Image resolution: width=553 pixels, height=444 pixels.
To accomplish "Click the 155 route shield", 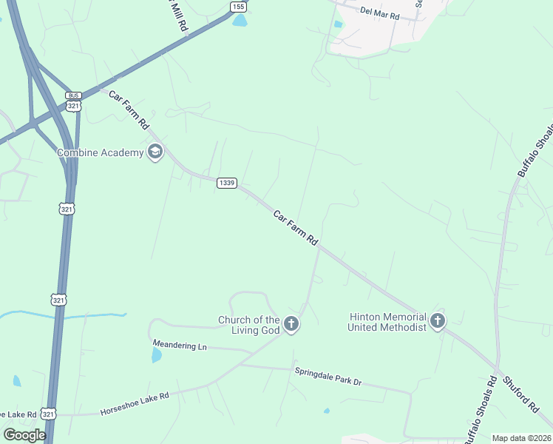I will coord(237,7).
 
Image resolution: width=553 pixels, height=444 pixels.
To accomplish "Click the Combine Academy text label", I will coord(100,152).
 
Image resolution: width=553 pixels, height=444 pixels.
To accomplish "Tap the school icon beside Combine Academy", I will coord(155,152).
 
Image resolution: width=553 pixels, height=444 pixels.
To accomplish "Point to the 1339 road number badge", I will coord(226,183).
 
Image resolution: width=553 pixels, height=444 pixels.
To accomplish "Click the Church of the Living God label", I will coord(248,325).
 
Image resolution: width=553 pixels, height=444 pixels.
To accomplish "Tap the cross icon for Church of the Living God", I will coord(291,324).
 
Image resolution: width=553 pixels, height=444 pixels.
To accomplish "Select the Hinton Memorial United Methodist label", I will coord(387,321).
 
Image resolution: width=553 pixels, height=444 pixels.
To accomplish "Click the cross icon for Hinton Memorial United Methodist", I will coord(438,321).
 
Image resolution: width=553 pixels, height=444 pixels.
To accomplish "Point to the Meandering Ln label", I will coord(180,346).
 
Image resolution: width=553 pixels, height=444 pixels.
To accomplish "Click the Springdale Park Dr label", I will coord(328,376).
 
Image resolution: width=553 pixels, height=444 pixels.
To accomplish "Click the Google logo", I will coord(24,434).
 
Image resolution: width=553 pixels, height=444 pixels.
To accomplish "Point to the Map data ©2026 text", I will coord(520,438).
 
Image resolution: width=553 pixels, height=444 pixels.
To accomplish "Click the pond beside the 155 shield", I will coord(240,21).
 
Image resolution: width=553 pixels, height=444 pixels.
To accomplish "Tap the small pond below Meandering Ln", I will coord(156,356).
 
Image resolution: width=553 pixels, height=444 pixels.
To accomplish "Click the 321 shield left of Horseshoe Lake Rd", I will coord(48,413).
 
